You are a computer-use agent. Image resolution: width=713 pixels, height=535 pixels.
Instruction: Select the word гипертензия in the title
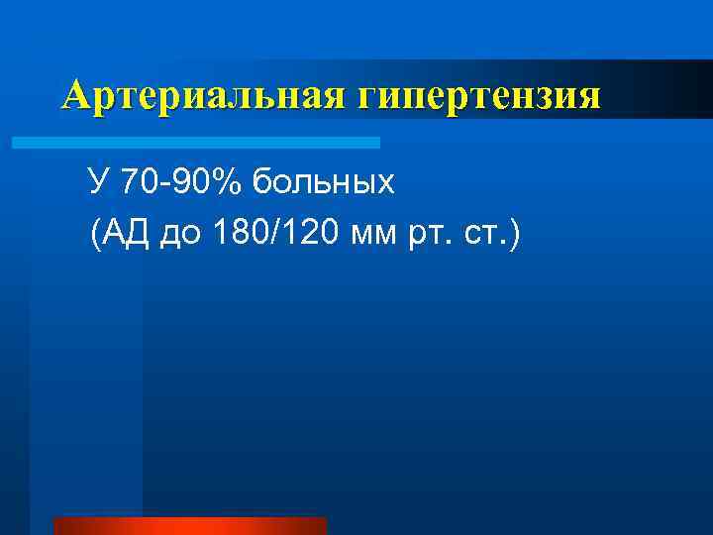(x=479, y=96)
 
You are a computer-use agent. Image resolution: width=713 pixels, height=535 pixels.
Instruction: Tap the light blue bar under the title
(x=196, y=143)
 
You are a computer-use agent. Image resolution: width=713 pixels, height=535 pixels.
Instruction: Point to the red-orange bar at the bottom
(x=189, y=525)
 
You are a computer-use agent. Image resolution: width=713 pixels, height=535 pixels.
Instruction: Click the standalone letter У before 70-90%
(x=97, y=181)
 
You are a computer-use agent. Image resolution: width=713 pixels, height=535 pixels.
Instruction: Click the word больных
(x=309, y=181)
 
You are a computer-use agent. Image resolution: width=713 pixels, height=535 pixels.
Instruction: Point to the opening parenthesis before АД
(x=94, y=236)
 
